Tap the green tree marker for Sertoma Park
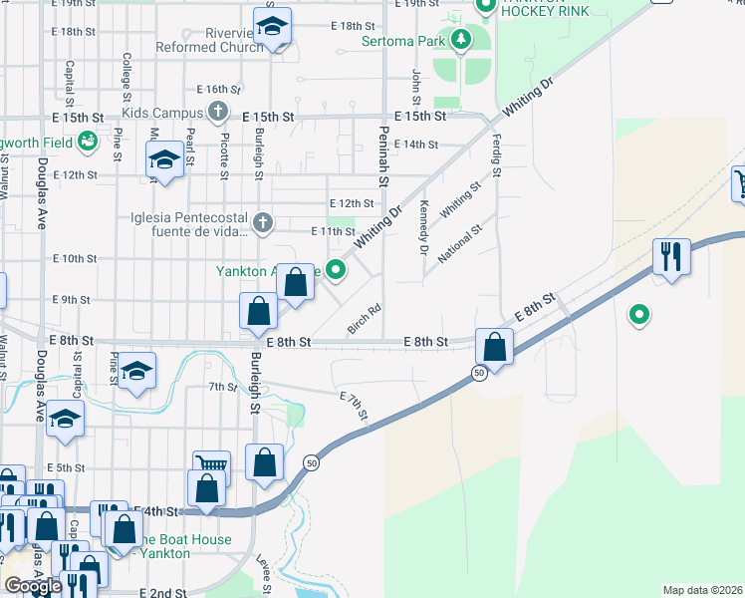point(460,40)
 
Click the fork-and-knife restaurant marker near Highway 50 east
point(672,256)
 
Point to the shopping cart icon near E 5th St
point(211,464)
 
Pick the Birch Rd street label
point(365,319)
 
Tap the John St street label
point(416,87)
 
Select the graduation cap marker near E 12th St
point(164,159)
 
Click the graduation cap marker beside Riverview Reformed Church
point(271,27)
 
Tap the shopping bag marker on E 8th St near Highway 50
point(494,347)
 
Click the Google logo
point(33,586)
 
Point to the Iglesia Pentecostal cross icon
point(262,222)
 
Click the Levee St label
point(265,576)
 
